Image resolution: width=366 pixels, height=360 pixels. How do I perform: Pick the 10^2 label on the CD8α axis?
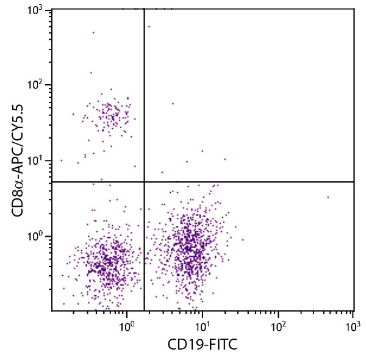point(37,86)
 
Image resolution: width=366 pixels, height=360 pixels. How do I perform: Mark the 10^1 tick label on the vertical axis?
point(37,161)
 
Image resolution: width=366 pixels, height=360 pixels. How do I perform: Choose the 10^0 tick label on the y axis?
point(37,236)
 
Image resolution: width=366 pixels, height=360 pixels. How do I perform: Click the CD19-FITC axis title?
point(202,345)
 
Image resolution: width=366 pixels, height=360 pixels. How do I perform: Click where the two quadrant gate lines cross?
point(144,182)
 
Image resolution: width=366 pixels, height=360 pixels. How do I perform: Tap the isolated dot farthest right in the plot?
point(328,197)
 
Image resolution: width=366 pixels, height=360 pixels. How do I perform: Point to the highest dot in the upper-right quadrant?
point(148,26)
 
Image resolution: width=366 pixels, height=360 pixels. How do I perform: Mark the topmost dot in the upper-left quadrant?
point(93,32)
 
